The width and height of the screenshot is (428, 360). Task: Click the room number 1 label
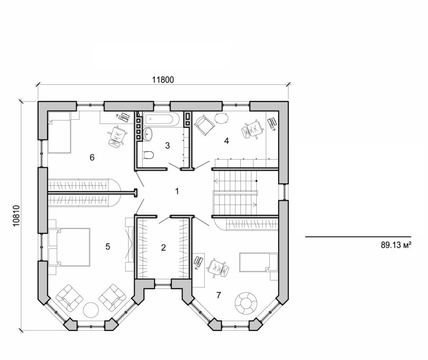[x=177, y=191]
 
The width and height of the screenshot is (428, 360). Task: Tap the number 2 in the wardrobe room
[x=163, y=248]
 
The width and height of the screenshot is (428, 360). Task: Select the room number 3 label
[x=167, y=146]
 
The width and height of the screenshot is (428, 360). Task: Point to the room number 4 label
[x=227, y=141]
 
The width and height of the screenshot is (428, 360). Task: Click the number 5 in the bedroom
[x=107, y=247]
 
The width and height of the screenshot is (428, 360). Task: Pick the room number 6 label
[x=92, y=157]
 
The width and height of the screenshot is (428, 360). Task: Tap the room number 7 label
[x=218, y=295]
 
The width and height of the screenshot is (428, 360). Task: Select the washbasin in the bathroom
[x=148, y=134]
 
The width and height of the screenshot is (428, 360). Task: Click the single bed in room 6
[x=60, y=132]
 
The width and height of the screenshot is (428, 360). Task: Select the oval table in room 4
[x=222, y=118]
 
